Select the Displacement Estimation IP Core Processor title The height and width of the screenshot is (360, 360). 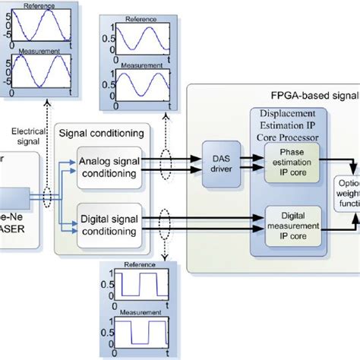(285, 128)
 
